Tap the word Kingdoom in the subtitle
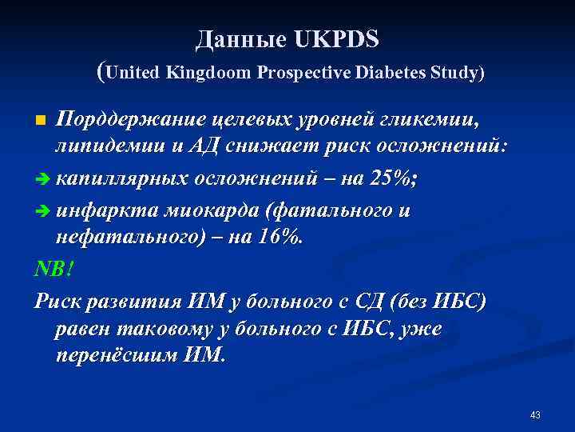coord(210,73)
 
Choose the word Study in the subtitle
coord(454,73)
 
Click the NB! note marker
coord(53,270)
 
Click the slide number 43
coord(535,415)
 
